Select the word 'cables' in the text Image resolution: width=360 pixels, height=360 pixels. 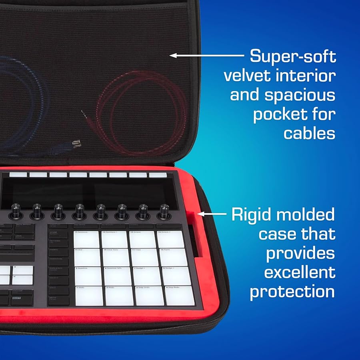point(309,133)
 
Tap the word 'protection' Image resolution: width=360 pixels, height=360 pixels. point(292,292)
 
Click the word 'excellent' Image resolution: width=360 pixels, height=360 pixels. point(299,272)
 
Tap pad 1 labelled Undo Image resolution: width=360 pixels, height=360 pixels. point(88,296)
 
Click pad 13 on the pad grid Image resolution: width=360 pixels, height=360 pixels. point(86,239)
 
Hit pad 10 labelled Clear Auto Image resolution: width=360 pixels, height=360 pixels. point(114,258)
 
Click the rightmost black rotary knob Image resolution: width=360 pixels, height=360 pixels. point(163,210)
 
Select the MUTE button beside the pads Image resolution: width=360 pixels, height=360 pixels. point(58,300)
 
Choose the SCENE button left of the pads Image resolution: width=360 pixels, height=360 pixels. point(58,234)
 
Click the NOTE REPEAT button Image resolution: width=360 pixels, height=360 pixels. point(24,227)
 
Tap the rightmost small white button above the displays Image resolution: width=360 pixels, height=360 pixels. point(158,175)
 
